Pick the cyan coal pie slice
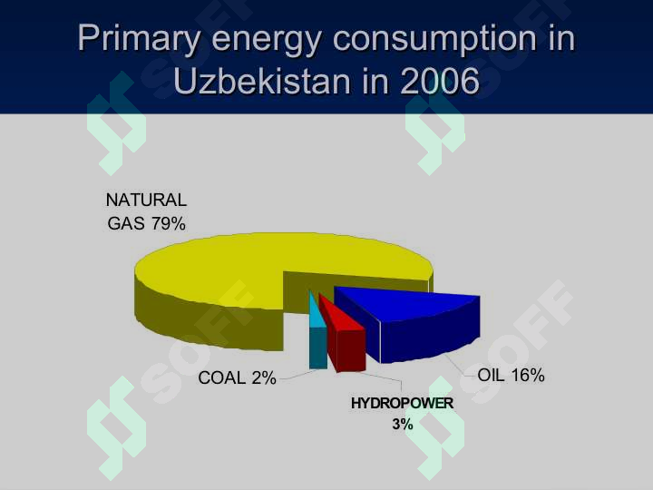(x=317, y=333)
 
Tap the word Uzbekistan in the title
(x=261, y=81)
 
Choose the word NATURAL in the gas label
(x=146, y=200)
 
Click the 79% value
(x=169, y=224)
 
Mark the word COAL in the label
(x=221, y=377)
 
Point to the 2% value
(x=264, y=377)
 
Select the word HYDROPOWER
(x=403, y=403)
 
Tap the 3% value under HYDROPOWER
(x=403, y=424)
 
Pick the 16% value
(x=528, y=376)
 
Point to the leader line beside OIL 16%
(x=460, y=365)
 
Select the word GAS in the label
(x=126, y=224)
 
